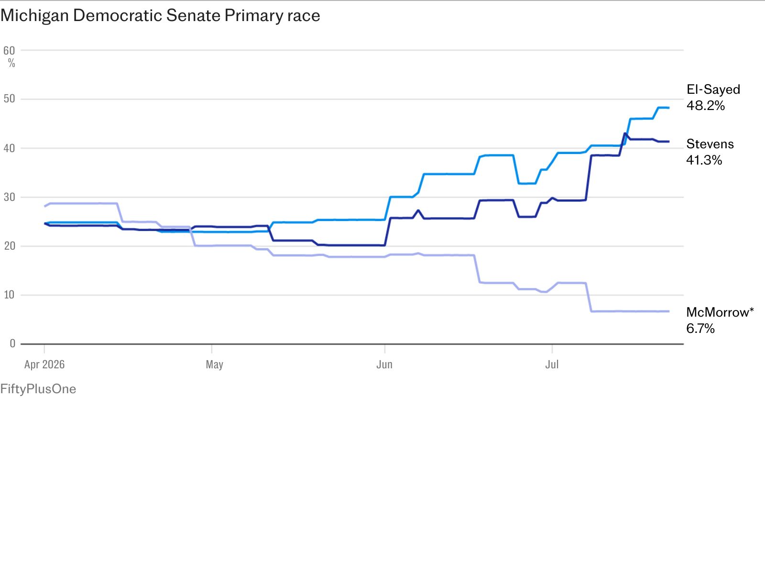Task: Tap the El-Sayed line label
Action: (713, 90)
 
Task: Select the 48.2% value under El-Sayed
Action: (705, 106)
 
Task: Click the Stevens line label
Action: (710, 144)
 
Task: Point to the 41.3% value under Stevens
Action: (704, 160)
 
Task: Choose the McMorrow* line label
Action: (720, 312)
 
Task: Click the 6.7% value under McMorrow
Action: (700, 328)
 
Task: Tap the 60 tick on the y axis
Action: (9, 51)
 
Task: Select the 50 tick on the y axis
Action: (9, 99)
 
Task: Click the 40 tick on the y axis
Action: (9, 148)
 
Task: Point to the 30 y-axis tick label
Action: (9, 197)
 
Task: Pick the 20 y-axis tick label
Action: (9, 246)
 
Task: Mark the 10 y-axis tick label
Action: (9, 295)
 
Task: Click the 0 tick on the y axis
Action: (12, 343)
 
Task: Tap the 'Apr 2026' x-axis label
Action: (44, 364)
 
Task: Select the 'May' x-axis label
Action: (214, 365)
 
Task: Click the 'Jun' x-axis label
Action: (384, 364)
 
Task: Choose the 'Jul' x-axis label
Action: (552, 364)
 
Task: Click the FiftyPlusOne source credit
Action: (38, 389)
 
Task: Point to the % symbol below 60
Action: (11, 63)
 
